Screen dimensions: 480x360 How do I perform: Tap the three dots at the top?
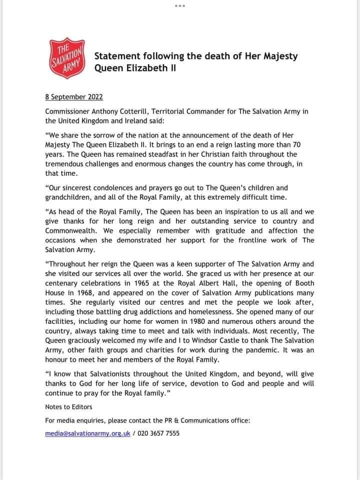coord(180,5)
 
